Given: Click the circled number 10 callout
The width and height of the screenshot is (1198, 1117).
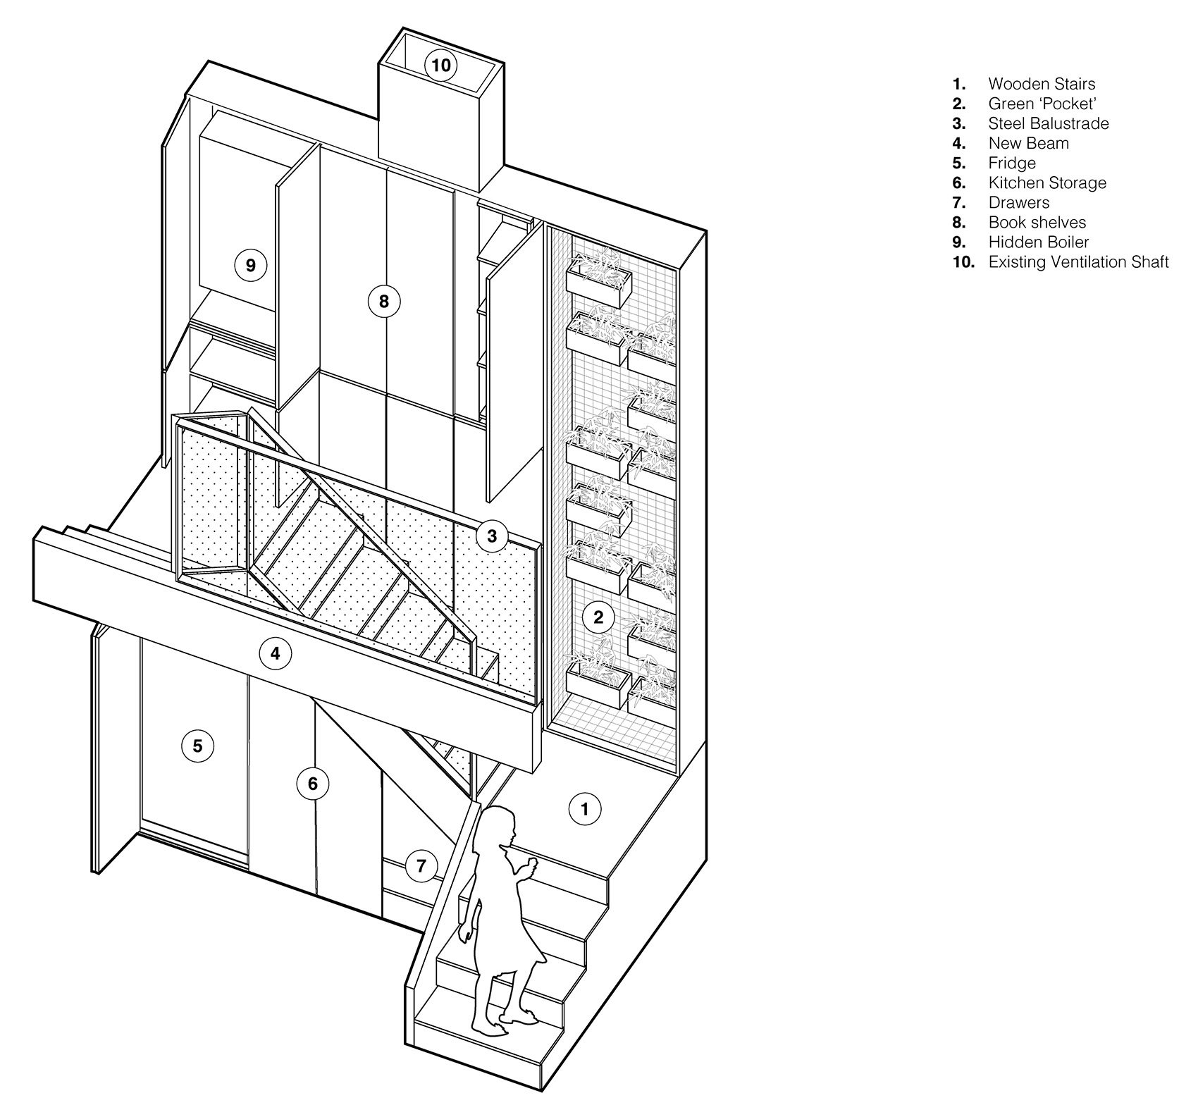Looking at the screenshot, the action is [440, 66].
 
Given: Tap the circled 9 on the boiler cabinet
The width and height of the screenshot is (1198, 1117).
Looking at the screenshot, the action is [250, 266].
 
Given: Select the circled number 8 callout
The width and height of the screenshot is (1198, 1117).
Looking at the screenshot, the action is [384, 302].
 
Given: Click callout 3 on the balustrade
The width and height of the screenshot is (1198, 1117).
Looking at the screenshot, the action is [491, 536].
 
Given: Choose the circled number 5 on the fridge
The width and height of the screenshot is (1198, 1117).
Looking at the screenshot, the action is [197, 746].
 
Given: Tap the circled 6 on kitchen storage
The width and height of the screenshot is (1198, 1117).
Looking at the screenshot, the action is [313, 784].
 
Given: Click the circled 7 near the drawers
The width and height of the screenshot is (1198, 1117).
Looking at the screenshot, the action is [421, 865].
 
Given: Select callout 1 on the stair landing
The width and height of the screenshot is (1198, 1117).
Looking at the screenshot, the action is [584, 810].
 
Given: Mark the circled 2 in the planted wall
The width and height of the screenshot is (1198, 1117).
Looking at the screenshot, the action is [598, 618].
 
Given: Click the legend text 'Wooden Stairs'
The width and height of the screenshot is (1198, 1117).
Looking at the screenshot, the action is [1042, 84].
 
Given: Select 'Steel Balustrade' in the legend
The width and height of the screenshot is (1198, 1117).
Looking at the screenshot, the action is [1049, 123].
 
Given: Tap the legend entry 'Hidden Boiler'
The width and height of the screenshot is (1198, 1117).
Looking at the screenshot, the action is [1039, 242].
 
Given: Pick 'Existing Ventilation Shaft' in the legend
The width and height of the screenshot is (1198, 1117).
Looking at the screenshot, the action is [1079, 262].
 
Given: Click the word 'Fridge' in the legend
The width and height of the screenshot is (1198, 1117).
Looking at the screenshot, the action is [1012, 163].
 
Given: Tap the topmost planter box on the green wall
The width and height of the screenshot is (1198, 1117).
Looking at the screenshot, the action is [600, 278].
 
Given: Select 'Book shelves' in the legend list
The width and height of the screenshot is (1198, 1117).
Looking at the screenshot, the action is [1037, 223].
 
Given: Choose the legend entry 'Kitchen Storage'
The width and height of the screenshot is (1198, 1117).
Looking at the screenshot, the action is [1047, 183].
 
